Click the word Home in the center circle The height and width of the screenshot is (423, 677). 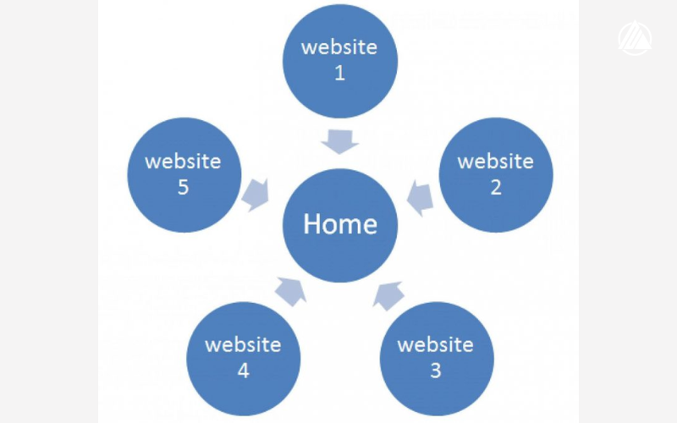[339, 224]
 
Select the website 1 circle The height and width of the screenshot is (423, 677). [339, 59]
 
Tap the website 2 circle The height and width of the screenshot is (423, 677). [496, 174]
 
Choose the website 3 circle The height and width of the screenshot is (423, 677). [435, 357]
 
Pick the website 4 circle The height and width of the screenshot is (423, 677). [243, 357]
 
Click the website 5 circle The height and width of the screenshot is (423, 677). [183, 174]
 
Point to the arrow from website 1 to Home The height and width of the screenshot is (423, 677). [339, 141]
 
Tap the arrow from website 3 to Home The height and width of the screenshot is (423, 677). [388, 294]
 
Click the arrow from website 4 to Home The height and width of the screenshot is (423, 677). [289, 292]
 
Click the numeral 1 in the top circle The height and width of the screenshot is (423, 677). [339, 73]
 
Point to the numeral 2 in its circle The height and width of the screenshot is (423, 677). [496, 188]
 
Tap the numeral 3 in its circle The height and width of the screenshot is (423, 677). [435, 371]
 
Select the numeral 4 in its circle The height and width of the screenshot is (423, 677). [243, 371]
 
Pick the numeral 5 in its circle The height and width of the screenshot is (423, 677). [183, 188]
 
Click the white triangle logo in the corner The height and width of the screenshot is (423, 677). [634, 39]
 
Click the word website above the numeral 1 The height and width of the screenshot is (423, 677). [339, 47]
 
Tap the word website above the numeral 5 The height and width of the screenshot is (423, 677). [183, 161]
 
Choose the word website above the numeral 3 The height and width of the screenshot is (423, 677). [435, 344]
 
